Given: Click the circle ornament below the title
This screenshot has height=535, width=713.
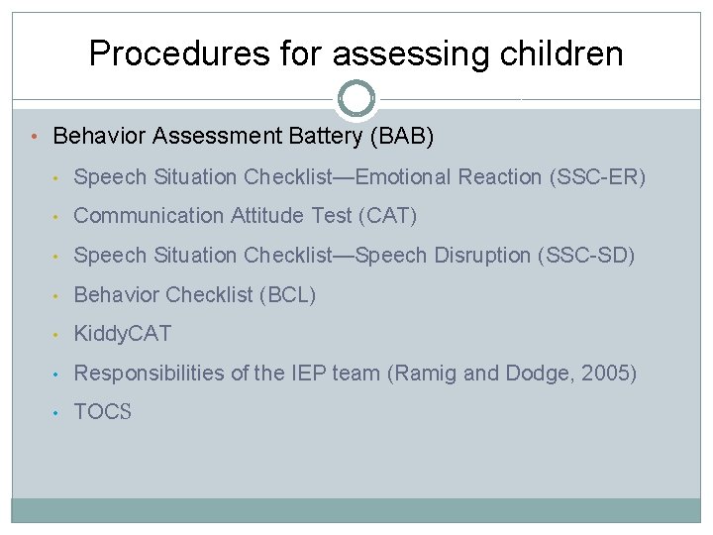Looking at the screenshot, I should click(x=356, y=99).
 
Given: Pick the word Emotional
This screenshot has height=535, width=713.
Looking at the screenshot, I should click(x=403, y=177).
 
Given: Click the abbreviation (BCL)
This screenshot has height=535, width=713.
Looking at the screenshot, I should click(x=287, y=294).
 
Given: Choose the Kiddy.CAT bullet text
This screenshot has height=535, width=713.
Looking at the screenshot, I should click(x=123, y=334).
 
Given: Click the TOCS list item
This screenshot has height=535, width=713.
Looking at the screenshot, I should click(x=103, y=413).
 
